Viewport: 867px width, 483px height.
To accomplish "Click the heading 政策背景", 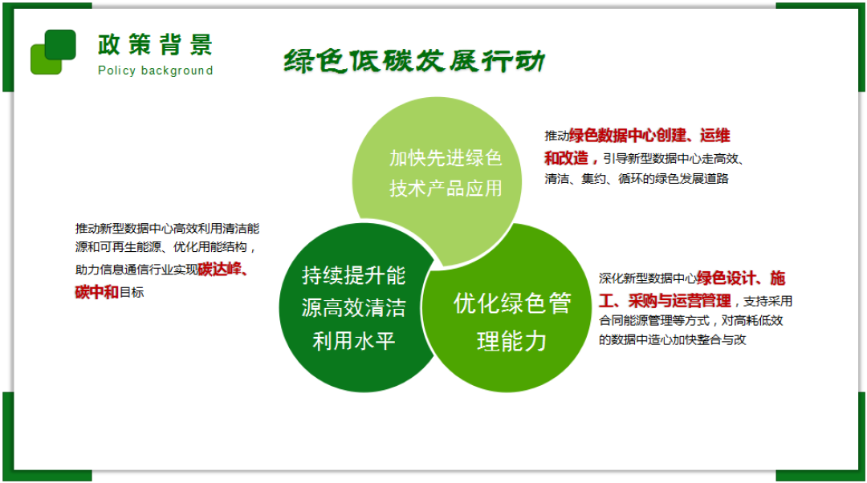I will pyautogui.click(x=155, y=45).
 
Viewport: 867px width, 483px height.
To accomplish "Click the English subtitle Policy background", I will pyautogui.click(x=155, y=71).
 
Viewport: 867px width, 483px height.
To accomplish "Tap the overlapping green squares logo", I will pyautogui.click(x=53, y=52).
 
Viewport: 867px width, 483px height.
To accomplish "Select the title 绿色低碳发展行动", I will pyautogui.click(x=414, y=61).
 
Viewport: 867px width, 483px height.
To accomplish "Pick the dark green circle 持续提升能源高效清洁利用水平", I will pyautogui.click(x=354, y=308).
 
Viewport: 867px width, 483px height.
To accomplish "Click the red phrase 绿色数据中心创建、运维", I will pyautogui.click(x=649, y=136).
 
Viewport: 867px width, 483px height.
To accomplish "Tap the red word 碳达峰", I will pyautogui.click(x=222, y=269).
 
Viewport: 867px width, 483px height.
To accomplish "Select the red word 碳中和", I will pyautogui.click(x=96, y=292).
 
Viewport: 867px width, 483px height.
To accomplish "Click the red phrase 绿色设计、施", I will pyautogui.click(x=741, y=278).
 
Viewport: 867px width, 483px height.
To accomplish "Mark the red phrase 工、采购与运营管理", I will pyautogui.click(x=665, y=301).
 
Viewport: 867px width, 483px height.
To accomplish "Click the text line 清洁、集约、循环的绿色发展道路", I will pyautogui.click(x=637, y=179).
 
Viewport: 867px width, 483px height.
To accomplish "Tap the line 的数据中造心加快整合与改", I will pyautogui.click(x=673, y=340).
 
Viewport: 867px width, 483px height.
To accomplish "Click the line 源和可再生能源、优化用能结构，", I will pyautogui.click(x=166, y=249).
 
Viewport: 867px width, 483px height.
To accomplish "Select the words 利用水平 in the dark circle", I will pyautogui.click(x=354, y=342).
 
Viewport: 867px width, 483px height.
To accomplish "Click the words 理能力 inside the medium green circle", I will pyautogui.click(x=512, y=341).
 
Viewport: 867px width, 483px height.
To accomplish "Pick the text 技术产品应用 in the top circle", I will pyautogui.click(x=446, y=189).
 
